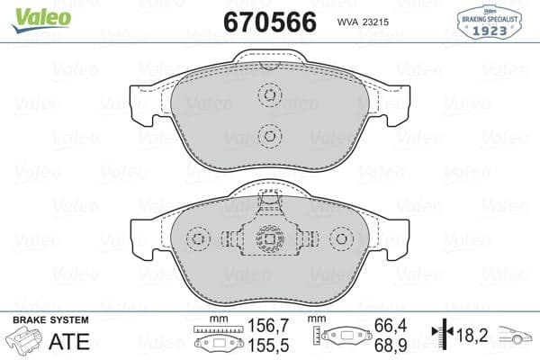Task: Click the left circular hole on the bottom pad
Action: [x=198, y=239]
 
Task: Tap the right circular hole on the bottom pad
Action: [x=340, y=239]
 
